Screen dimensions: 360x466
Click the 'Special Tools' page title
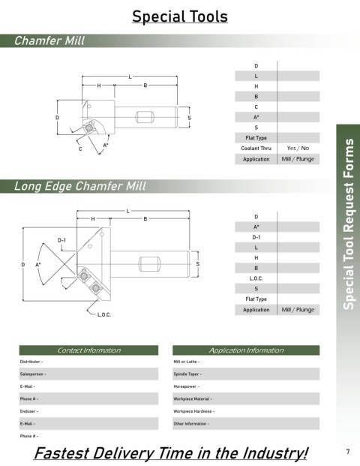tap(180, 17)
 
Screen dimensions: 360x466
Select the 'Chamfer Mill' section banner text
tap(49, 41)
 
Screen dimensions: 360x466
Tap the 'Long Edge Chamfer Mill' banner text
tap(80, 186)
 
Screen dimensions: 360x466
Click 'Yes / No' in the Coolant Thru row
tap(298, 148)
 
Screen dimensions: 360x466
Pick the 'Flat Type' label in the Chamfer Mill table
tap(256, 138)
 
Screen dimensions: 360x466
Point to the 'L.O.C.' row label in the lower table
tap(256, 278)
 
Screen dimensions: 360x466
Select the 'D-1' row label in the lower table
tap(256, 237)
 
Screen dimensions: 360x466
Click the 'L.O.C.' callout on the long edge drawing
tap(104, 314)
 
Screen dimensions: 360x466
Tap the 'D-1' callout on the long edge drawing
tap(61, 240)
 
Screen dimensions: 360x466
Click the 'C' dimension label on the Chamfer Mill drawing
tap(80, 149)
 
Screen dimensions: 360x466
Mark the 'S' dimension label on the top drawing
tap(189, 118)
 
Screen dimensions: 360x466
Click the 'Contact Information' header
tap(89, 350)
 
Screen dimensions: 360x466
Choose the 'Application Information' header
tap(246, 350)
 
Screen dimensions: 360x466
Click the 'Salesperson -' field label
tap(33, 374)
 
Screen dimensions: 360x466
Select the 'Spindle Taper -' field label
tap(187, 374)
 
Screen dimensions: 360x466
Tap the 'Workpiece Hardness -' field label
tap(194, 411)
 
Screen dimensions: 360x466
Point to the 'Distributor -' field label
tap(31, 362)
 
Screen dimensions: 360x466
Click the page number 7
tap(348, 452)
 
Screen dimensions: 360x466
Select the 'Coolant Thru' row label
tap(256, 148)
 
